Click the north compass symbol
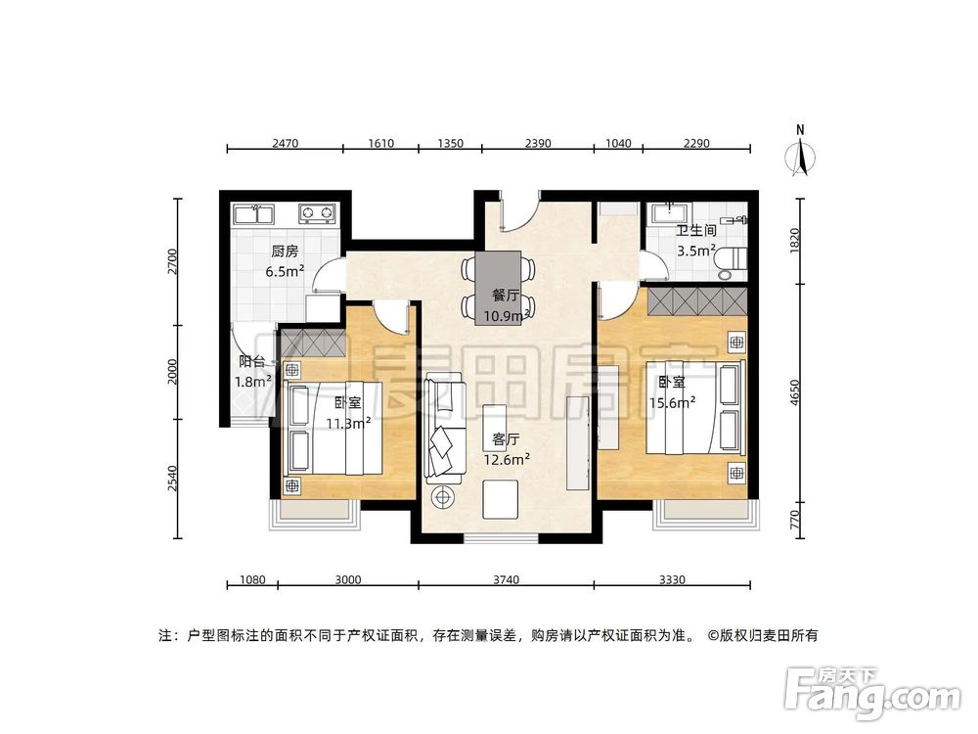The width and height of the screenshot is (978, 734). coord(801,155)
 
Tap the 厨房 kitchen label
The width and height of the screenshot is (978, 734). coord(285,251)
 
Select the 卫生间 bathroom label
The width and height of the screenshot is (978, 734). coord(696,231)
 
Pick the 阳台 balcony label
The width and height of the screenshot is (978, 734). coord(251,361)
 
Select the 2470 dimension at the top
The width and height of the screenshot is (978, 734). coord(285,143)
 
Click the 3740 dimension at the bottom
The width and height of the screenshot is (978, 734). coord(505,579)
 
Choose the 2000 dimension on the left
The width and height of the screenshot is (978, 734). coord(172,372)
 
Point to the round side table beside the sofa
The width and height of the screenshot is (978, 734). coord(444,496)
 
